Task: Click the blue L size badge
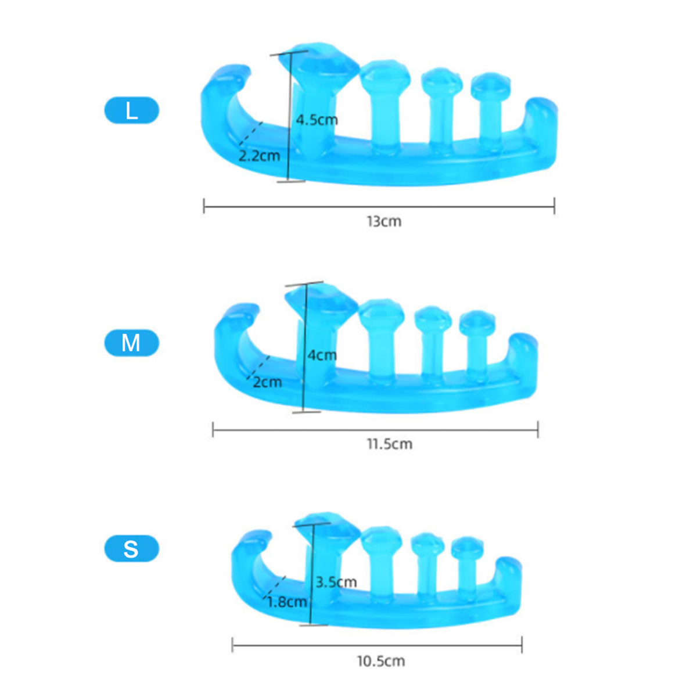pyautogui.click(x=132, y=110)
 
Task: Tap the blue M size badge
pyautogui.click(x=132, y=343)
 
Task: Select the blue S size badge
pyautogui.click(x=132, y=548)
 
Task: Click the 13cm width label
pyautogui.click(x=384, y=221)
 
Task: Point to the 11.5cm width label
pyautogui.click(x=390, y=444)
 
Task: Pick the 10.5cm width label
pyautogui.click(x=381, y=661)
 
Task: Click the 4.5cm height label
pyautogui.click(x=317, y=120)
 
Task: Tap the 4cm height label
pyautogui.click(x=322, y=355)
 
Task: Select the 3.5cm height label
pyautogui.click(x=336, y=582)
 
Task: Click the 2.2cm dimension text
pyautogui.click(x=259, y=156)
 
